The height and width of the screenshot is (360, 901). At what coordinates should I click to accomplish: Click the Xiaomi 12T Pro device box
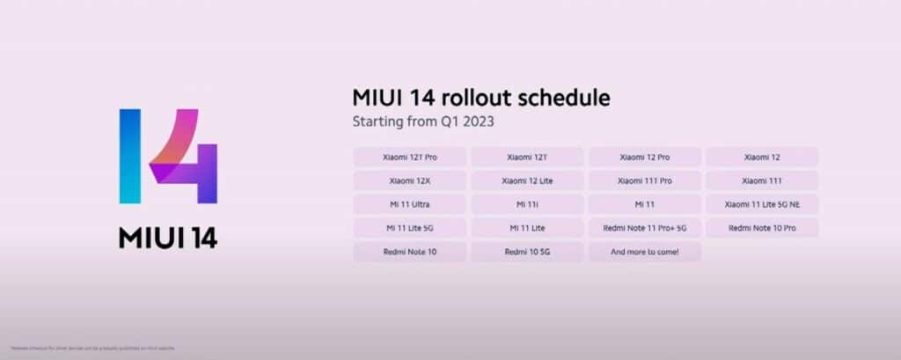click(x=409, y=157)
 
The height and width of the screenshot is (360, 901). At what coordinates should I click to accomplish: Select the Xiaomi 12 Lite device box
click(x=526, y=180)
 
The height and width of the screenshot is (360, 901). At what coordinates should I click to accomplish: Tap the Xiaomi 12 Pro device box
click(x=644, y=157)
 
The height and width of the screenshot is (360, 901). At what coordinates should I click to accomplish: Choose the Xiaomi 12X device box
click(x=409, y=180)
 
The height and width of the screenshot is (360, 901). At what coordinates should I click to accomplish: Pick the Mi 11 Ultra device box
click(x=409, y=204)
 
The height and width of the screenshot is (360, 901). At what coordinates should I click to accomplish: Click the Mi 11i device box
click(x=526, y=204)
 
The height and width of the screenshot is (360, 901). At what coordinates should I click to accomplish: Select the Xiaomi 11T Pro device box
click(x=644, y=180)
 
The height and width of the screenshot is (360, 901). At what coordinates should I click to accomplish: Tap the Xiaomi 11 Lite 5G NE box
click(x=762, y=204)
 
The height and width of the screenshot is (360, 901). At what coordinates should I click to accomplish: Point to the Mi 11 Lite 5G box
click(x=409, y=228)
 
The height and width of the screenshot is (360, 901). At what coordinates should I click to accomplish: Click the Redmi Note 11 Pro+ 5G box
click(x=644, y=228)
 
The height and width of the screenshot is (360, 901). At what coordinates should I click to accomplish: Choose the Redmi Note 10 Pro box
click(x=762, y=228)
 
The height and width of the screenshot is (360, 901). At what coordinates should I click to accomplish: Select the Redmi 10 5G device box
click(x=526, y=252)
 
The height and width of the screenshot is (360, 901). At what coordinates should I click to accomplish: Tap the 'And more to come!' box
click(x=644, y=252)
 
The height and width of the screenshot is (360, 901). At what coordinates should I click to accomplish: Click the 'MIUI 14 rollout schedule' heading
click(x=480, y=97)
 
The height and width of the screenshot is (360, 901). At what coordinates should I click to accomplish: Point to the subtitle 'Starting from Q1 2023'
click(x=422, y=121)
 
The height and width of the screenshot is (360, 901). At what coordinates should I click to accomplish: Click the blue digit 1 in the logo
click(x=130, y=157)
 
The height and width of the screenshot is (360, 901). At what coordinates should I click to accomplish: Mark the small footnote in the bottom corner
click(x=84, y=349)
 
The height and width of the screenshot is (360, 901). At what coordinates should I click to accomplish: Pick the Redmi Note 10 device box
click(x=409, y=252)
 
